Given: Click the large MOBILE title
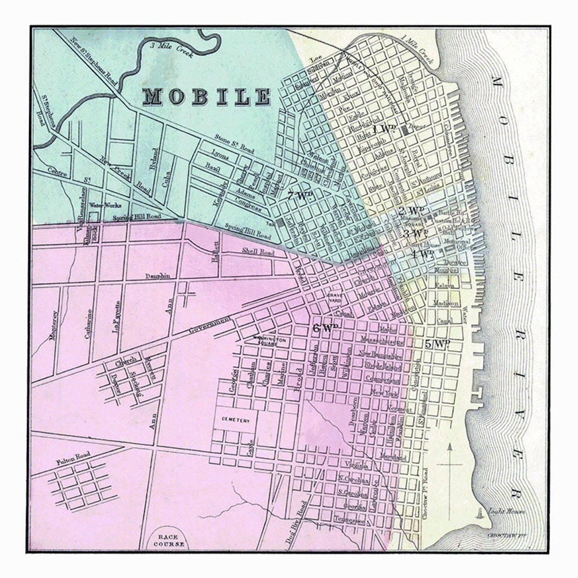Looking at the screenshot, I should [x=207, y=96].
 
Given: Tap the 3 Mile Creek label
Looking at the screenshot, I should [x=166, y=46].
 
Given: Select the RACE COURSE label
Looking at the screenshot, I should [x=171, y=540].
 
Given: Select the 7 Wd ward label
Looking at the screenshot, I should [x=299, y=196].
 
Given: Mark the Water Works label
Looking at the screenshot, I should [x=105, y=205].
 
